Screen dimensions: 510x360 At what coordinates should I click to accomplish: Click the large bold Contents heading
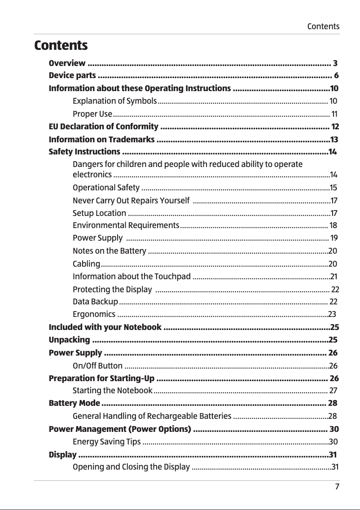[x=61, y=46]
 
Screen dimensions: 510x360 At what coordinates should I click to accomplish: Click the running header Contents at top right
[x=323, y=26]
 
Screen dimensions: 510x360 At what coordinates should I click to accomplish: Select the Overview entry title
[x=67, y=63]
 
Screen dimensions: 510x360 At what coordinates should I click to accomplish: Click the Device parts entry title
[x=72, y=75]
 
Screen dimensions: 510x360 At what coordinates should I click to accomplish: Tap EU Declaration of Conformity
[x=103, y=126]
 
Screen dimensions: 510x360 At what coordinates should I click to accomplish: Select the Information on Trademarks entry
[x=102, y=139]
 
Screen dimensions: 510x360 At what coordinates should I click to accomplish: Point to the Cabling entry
[x=86, y=264]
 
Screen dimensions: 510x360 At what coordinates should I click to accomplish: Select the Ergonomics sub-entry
[x=93, y=314]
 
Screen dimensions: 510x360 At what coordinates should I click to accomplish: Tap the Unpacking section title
[x=69, y=339]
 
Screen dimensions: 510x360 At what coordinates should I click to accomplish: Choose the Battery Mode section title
[x=75, y=403]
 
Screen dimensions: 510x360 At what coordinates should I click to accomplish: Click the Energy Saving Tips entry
[x=106, y=442]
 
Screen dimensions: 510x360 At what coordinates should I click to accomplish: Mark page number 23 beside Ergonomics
[x=332, y=314]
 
